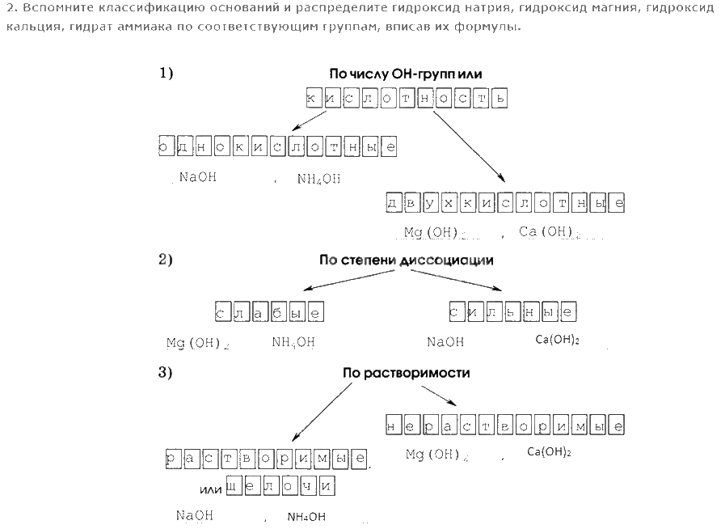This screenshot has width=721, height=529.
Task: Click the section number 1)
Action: [167, 74]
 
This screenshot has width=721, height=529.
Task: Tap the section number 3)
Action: [167, 373]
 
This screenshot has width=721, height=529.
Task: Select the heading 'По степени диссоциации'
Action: [406, 260]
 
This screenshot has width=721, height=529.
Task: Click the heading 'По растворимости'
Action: [406, 374]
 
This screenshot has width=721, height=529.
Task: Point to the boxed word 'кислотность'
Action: [407, 99]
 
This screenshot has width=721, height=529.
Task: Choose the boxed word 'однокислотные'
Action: [278, 146]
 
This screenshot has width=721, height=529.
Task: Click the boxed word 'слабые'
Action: [269, 311]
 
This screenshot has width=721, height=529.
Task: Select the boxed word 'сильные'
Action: [512, 311]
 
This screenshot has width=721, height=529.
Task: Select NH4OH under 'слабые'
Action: [293, 342]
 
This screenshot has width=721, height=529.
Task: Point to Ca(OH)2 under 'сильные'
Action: [558, 340]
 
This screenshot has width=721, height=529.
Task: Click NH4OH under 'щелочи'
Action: [306, 516]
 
